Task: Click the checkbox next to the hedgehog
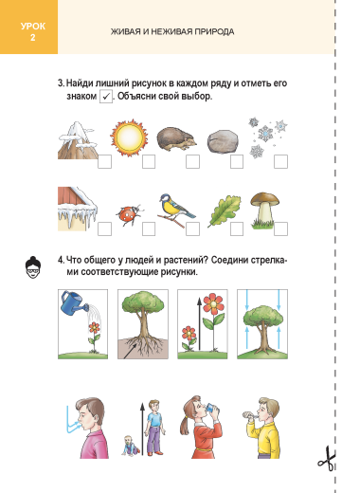tap(192, 161)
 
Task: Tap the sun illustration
tap(129, 138)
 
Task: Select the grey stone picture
tap(223, 141)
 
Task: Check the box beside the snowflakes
tap(280, 161)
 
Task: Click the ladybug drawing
tap(130, 215)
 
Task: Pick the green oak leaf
tap(225, 210)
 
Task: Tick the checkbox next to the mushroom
tap(280, 228)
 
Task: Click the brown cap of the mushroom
tap(264, 199)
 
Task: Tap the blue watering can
tap(74, 303)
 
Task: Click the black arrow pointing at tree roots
tap(130, 351)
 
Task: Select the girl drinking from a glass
tap(201, 427)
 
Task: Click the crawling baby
tap(131, 445)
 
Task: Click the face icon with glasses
tap(33, 267)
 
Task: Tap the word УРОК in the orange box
tap(33, 27)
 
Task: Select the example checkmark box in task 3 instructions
tap(106, 97)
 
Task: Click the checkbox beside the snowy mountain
tap(104, 161)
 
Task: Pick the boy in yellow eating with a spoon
tap(263, 429)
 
